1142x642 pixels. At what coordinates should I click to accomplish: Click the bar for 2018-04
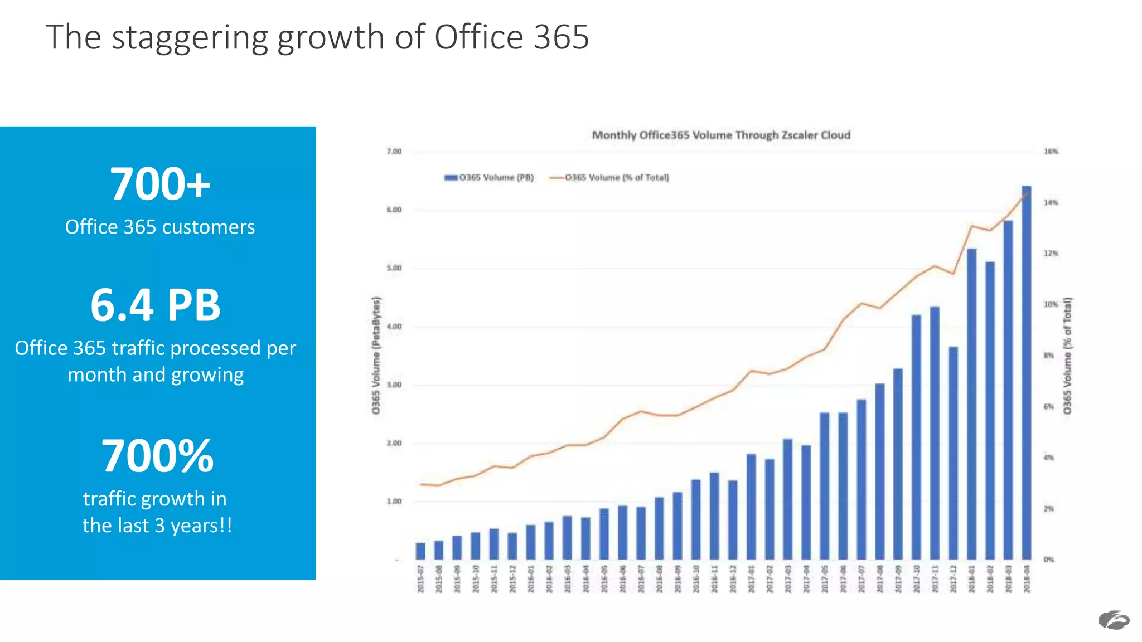(x=1027, y=373)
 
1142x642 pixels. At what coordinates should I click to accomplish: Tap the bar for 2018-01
(x=971, y=404)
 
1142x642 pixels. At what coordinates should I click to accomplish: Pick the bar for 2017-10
(x=916, y=437)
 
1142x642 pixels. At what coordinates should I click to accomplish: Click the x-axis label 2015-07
(x=421, y=579)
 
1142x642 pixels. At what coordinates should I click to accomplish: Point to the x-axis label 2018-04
(x=1027, y=579)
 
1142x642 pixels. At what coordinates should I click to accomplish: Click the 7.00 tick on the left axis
(x=394, y=152)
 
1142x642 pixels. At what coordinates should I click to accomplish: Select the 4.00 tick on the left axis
(x=394, y=327)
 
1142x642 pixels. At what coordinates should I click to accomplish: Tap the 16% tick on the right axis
(x=1051, y=152)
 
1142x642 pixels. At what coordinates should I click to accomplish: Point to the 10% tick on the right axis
(x=1051, y=304)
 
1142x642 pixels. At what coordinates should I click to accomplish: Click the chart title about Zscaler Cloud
(x=721, y=135)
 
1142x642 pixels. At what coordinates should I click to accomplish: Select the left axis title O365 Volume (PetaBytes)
(x=376, y=356)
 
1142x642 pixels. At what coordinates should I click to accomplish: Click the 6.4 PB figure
(x=156, y=305)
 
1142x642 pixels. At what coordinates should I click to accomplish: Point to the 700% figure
(x=157, y=456)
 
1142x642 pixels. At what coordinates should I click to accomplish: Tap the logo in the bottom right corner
(x=1114, y=620)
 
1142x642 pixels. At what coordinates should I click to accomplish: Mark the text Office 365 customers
(x=160, y=227)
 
